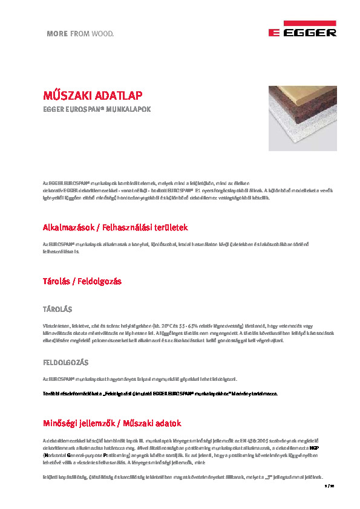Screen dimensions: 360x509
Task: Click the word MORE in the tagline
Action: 57,34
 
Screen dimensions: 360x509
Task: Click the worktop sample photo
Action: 303,118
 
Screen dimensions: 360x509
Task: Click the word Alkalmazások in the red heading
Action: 68,227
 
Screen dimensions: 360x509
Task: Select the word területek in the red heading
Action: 168,227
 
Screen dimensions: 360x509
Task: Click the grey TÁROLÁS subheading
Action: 57,309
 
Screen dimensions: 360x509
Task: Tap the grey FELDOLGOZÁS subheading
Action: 65,362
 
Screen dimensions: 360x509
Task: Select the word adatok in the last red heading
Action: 168,423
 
